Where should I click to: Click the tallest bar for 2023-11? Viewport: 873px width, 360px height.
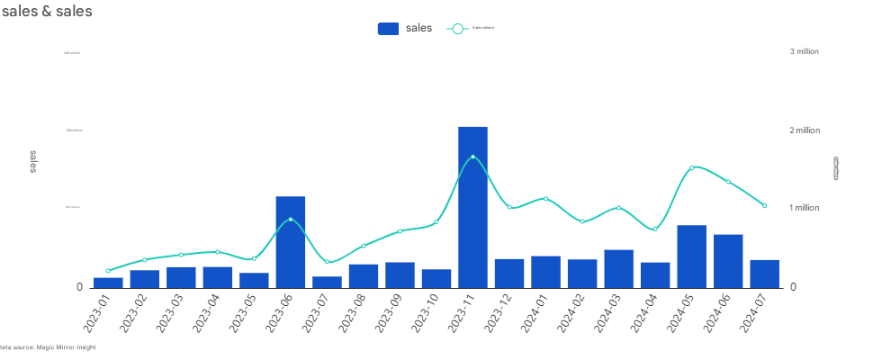point(472,207)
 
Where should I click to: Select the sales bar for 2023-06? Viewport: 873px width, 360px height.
point(291,241)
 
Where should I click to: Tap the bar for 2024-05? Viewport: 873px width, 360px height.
point(691,256)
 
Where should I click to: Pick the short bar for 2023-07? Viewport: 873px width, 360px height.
point(327,282)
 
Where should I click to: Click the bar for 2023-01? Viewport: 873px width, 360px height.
point(108,283)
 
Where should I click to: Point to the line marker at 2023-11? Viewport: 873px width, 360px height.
point(472,157)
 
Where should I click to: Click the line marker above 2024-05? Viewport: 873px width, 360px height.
point(691,167)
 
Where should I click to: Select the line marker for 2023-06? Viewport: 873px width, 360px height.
point(291,220)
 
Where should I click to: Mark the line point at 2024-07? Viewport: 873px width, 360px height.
point(764,206)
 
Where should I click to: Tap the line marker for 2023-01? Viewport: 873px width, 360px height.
point(108,271)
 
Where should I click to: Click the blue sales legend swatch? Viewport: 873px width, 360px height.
point(388,29)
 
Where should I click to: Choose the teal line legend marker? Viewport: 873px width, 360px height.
point(457,29)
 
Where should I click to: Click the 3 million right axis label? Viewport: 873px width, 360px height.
point(805,52)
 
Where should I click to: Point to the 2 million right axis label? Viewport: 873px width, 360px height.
point(805,130)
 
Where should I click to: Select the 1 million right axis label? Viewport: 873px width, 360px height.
point(805,208)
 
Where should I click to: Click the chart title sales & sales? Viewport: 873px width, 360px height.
point(47,12)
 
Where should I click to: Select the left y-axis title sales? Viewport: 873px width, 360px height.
point(34,162)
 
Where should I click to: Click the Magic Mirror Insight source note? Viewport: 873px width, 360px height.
point(47,347)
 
